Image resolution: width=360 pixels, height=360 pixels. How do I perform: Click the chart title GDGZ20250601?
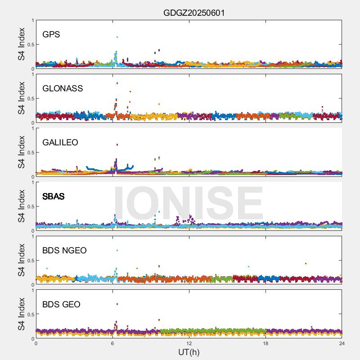194,13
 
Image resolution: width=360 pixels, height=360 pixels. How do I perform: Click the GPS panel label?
51,35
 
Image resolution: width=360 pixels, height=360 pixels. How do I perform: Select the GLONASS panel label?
63,89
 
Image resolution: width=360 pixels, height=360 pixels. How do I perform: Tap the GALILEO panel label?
60,143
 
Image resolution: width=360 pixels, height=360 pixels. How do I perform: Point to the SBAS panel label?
54,197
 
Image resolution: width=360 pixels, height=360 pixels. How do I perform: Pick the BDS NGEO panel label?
64,251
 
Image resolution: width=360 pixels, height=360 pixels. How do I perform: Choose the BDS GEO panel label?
61,305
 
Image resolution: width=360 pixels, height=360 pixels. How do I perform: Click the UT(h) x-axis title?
189,351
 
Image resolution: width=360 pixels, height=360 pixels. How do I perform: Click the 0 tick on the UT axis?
36,343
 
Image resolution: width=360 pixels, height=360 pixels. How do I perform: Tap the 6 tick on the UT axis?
112,343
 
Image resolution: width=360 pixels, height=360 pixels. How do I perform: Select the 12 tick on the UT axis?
189,343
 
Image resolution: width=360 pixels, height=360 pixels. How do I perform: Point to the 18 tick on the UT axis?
265,343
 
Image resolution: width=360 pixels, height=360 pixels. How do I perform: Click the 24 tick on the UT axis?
342,343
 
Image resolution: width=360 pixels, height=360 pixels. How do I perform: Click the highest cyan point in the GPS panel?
117,37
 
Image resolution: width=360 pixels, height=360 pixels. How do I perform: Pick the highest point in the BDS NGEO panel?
117,250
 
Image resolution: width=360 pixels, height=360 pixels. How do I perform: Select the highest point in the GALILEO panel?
117,145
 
